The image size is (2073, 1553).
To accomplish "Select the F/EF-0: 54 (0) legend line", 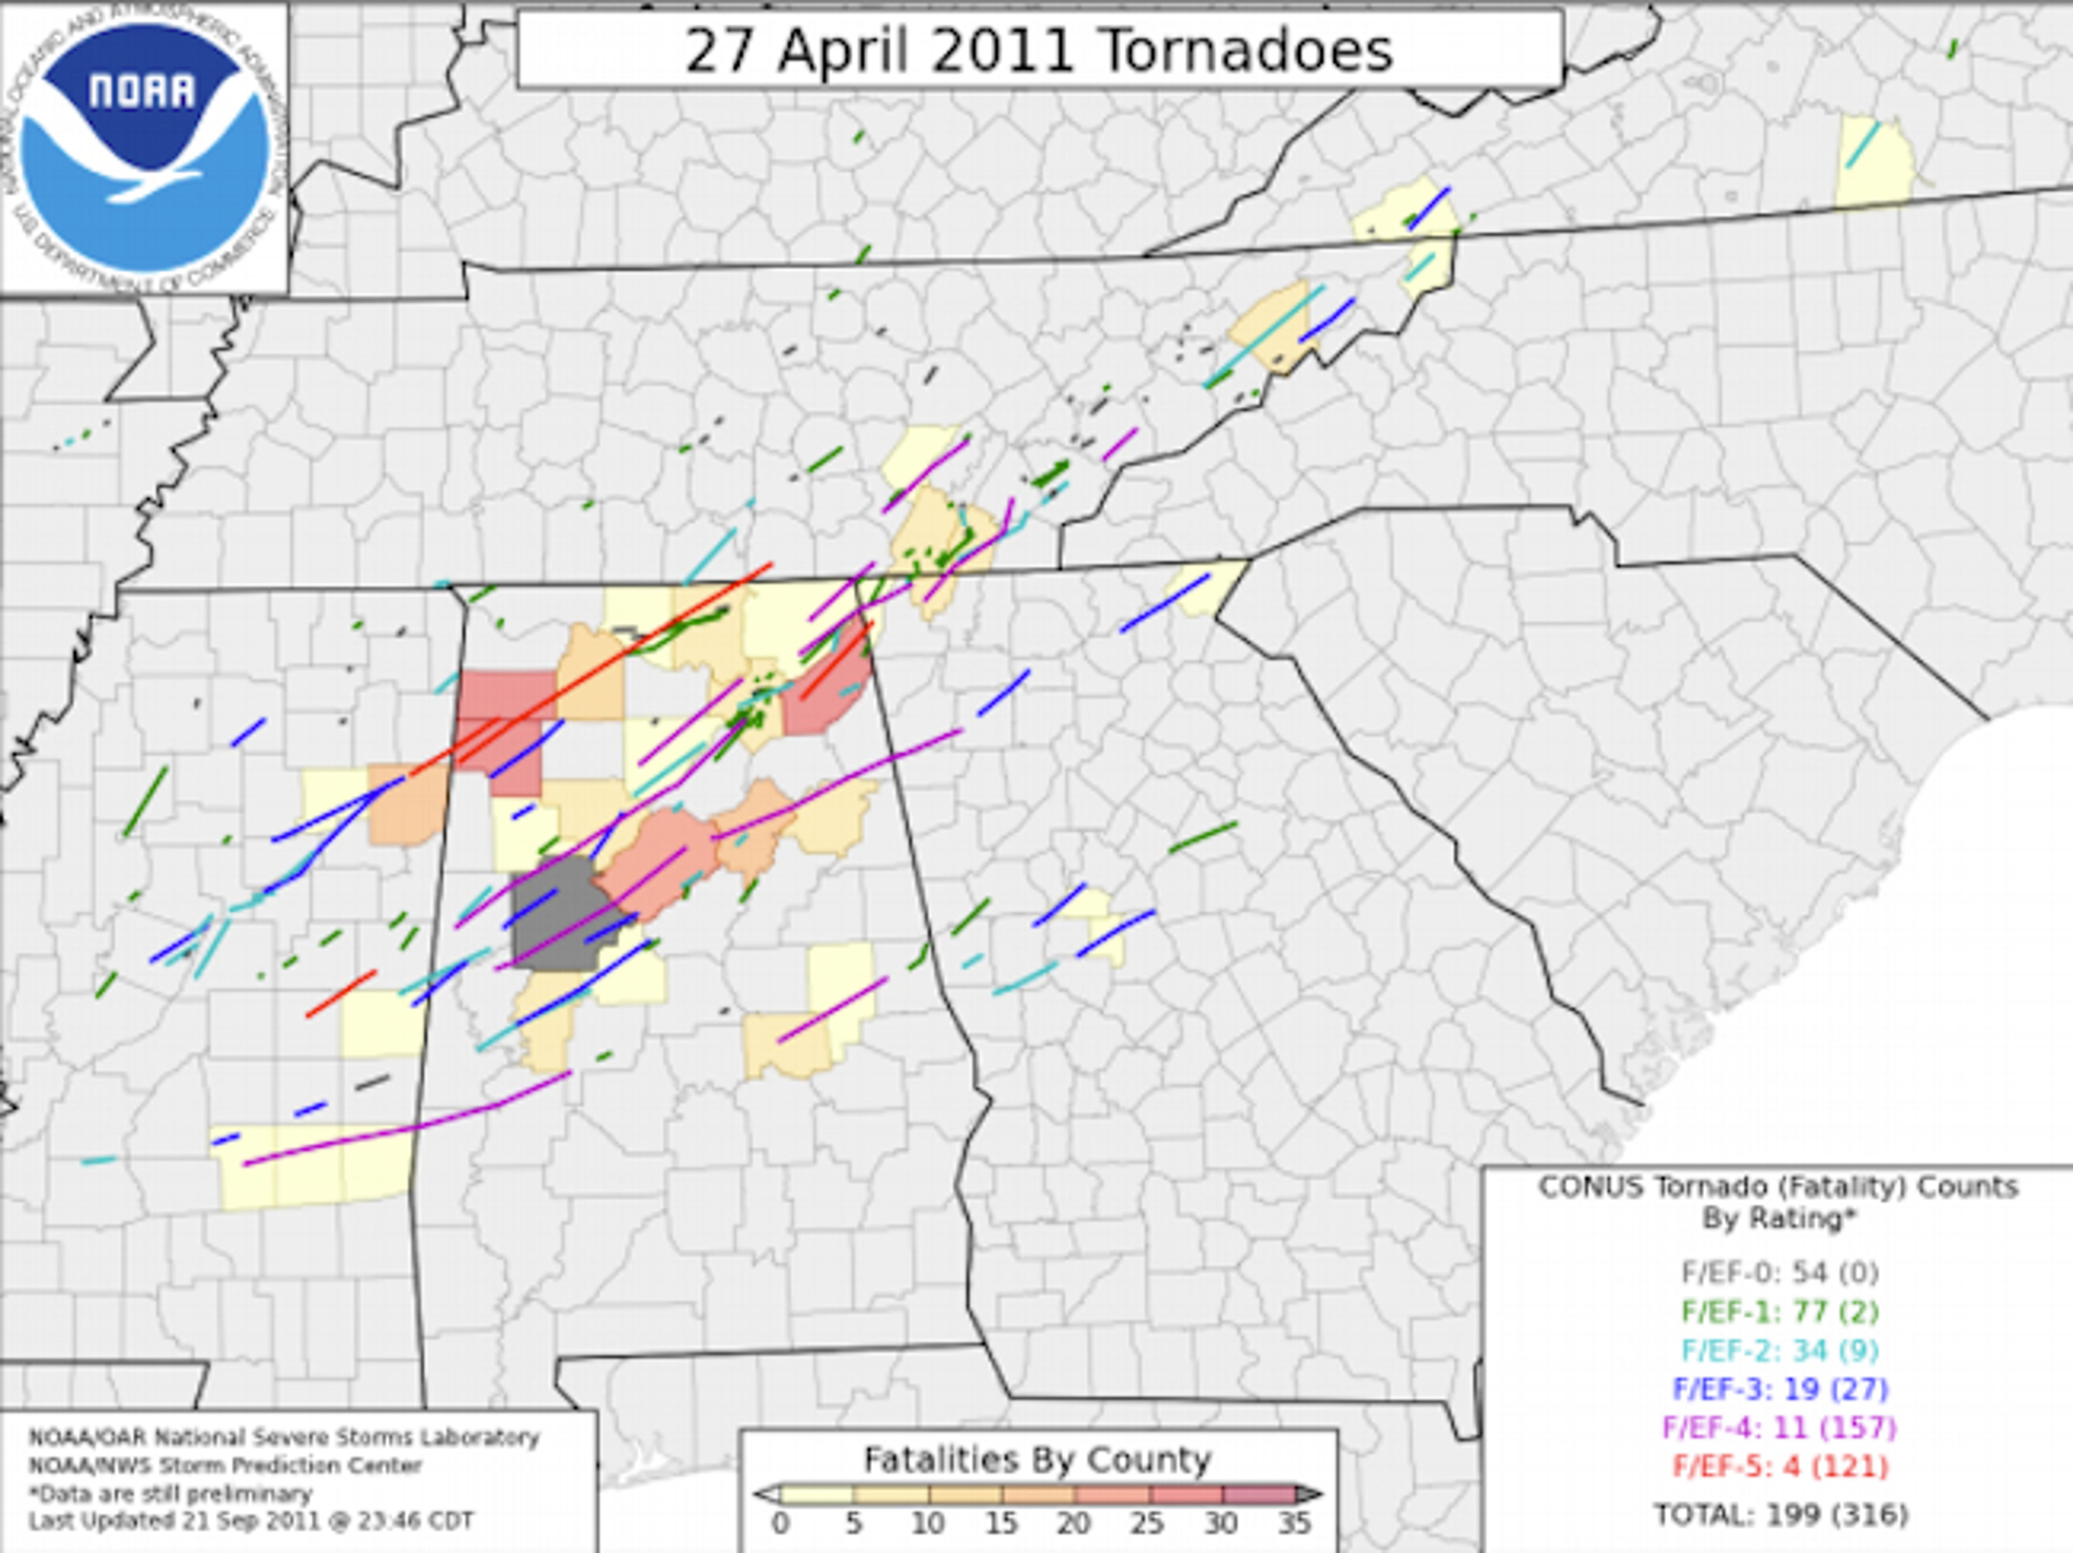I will tap(1779, 1273).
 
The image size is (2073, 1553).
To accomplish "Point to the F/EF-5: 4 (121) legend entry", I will tap(1779, 1466).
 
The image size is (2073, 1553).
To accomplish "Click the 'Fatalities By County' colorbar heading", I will tap(1036, 1459).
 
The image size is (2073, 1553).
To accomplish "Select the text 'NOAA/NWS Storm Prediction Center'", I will tap(225, 1465).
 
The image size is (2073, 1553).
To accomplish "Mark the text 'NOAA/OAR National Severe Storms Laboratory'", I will tap(283, 1437).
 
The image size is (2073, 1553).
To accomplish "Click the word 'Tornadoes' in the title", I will tap(1246, 51).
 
